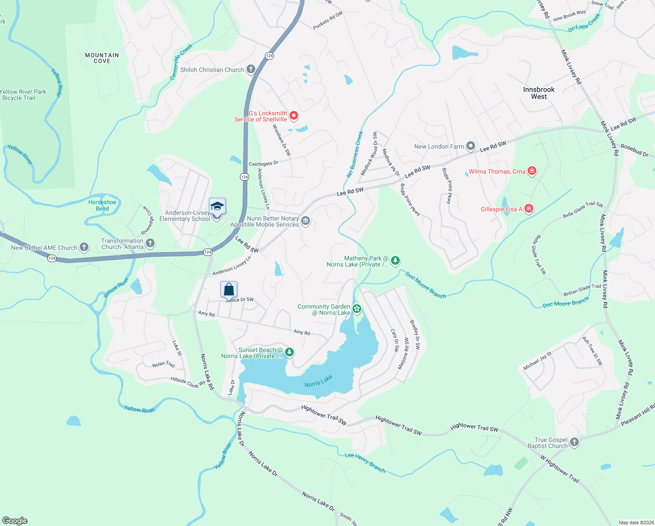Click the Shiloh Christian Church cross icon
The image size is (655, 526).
point(251,69)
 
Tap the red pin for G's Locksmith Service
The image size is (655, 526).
point(294,116)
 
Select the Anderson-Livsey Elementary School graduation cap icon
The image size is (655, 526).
point(217,206)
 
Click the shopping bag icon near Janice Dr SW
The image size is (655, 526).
point(229,290)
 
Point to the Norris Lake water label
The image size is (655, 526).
point(318,381)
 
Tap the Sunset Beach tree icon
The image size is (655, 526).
point(289,352)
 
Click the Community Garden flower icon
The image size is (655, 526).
point(357,309)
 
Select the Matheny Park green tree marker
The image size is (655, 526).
point(395,261)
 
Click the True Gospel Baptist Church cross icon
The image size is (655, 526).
point(574,442)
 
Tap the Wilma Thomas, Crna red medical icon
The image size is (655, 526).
point(532,171)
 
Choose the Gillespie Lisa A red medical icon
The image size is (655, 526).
point(529,209)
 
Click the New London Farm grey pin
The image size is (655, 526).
point(471,146)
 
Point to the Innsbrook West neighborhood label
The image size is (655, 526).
point(539,93)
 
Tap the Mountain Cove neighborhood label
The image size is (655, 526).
point(102,58)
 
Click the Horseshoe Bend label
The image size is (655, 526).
point(102,206)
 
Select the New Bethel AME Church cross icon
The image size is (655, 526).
point(84,247)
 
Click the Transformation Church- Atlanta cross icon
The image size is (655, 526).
point(150,243)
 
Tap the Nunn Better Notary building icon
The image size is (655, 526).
point(306,221)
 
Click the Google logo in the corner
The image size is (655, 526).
point(15,521)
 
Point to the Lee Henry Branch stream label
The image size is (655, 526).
point(365,463)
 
